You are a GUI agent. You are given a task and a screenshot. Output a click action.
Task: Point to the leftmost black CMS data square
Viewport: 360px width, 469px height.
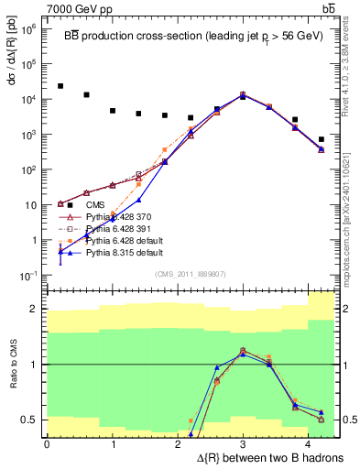(x=60, y=86)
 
